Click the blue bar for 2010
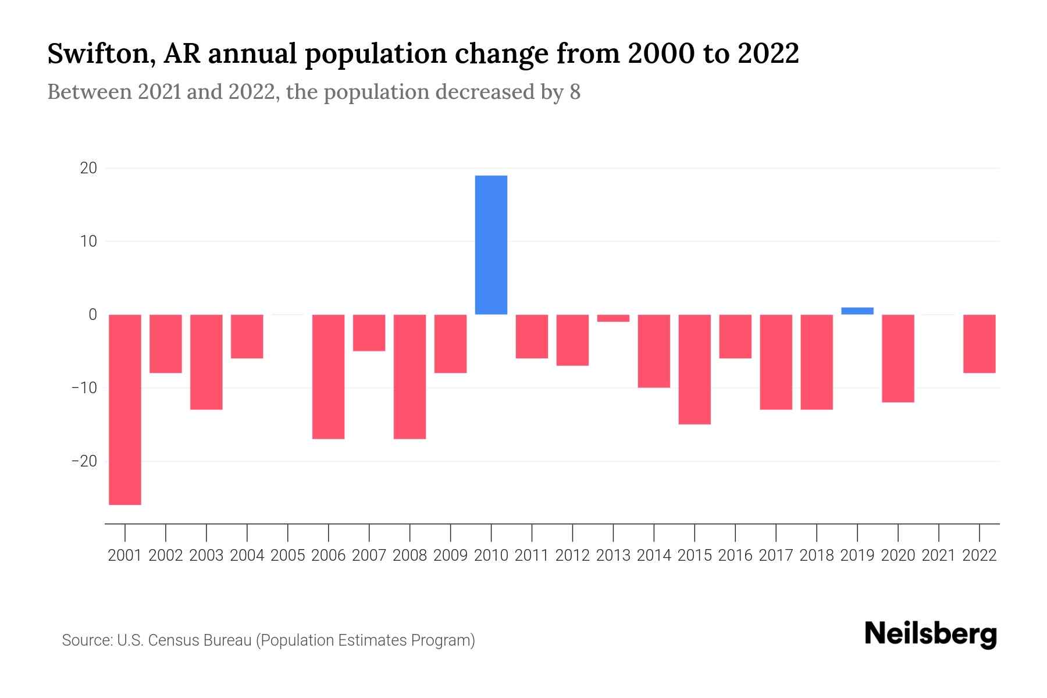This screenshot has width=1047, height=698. click(x=491, y=244)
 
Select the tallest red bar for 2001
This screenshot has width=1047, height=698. click(x=125, y=409)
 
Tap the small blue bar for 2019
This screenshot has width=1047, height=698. click(x=857, y=311)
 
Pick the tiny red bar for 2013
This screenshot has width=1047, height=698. click(x=613, y=318)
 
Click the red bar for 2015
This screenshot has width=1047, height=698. click(x=695, y=369)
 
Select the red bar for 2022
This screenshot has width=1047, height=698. click(x=980, y=343)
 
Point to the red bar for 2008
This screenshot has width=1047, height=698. click(x=409, y=376)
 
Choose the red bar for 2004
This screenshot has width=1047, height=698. click(x=247, y=336)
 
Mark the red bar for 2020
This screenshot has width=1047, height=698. click(x=898, y=358)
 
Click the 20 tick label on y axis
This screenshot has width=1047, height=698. click(x=88, y=168)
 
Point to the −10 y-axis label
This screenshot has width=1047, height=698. click(x=84, y=388)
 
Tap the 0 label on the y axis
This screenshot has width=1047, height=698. click(x=92, y=315)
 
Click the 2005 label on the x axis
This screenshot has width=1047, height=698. click(x=288, y=555)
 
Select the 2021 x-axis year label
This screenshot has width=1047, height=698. click(x=939, y=555)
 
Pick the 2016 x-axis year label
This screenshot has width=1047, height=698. click(x=735, y=555)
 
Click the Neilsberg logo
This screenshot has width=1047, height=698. click(x=931, y=634)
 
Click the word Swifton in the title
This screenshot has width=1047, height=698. click(x=97, y=54)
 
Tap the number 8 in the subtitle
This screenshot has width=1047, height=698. click(x=575, y=92)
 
